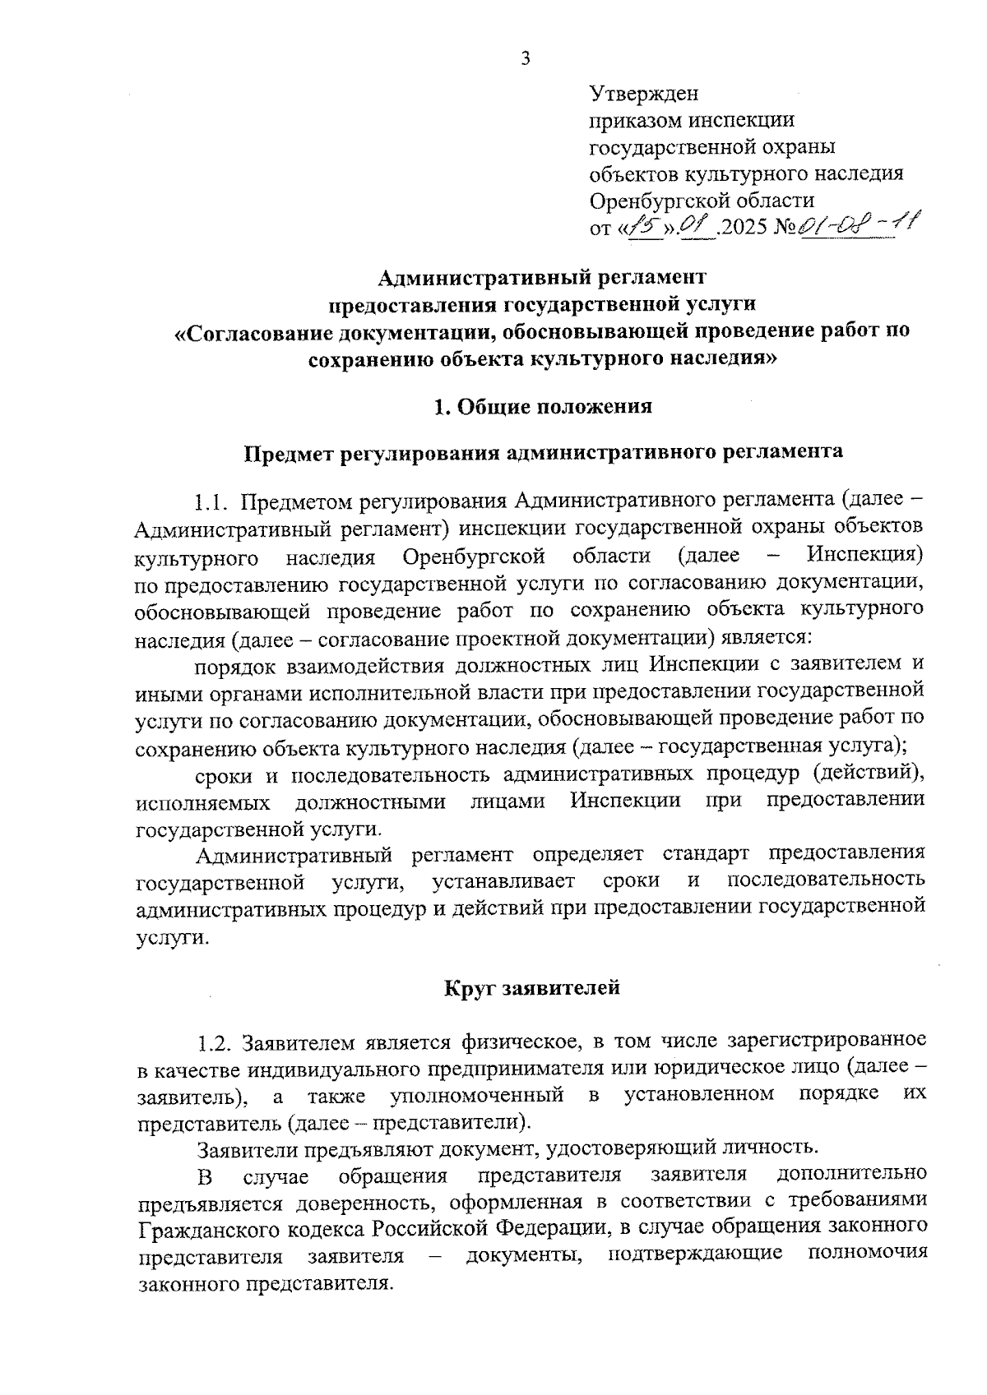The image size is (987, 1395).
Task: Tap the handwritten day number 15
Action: click(642, 224)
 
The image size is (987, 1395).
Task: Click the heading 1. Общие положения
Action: click(543, 406)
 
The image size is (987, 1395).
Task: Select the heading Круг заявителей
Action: click(532, 987)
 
